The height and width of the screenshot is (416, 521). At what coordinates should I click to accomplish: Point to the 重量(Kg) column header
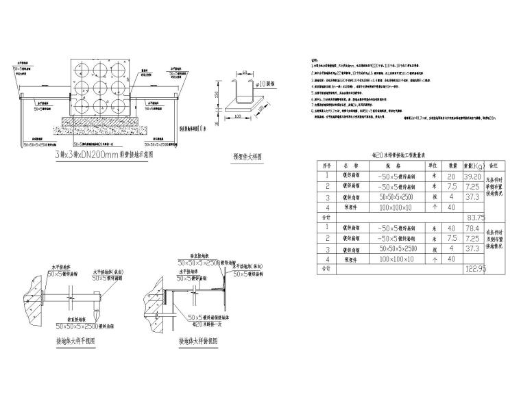[472, 165]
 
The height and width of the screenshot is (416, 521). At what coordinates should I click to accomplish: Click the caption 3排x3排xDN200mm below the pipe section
[103, 155]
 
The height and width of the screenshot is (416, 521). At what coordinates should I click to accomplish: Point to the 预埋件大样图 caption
[247, 156]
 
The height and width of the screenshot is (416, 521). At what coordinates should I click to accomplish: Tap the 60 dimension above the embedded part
[245, 70]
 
